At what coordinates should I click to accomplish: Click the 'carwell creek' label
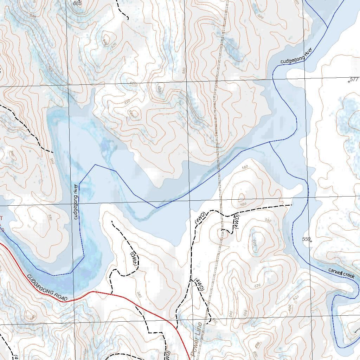[x=341, y=273]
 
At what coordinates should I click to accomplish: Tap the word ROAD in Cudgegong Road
[x=60, y=296]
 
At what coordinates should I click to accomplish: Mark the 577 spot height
[x=354, y=79]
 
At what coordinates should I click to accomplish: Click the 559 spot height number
[x=307, y=239]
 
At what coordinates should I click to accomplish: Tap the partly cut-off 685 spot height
[x=77, y=3]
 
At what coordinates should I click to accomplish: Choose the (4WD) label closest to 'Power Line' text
[x=199, y=285]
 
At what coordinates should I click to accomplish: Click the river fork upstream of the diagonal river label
[x=327, y=27]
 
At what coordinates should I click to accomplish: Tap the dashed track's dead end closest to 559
[x=292, y=205]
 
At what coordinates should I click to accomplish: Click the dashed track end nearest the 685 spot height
[x=117, y=1]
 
